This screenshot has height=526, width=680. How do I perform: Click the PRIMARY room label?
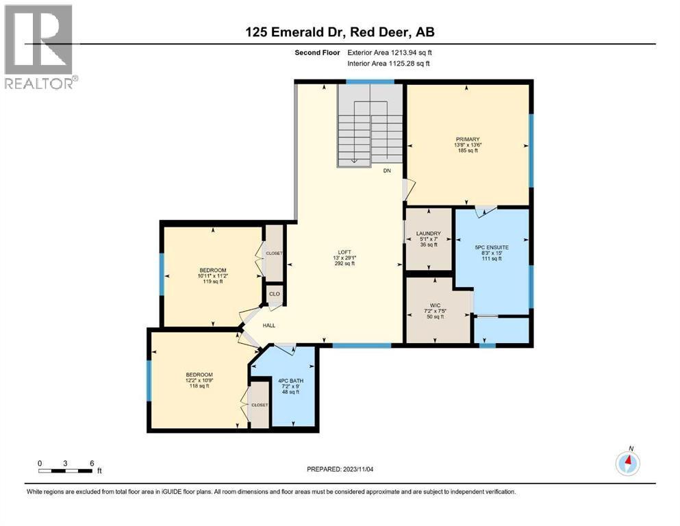coord(468,139)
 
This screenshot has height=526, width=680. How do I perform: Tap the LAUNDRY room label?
coord(428,234)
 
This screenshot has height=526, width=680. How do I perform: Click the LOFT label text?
coord(344,252)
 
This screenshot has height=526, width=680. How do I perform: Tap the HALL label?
coord(269,325)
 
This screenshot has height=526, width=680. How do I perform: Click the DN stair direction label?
coord(387,171)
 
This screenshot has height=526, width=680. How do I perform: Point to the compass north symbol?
coord(627,463)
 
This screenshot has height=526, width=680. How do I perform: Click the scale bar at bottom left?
coord(66,470)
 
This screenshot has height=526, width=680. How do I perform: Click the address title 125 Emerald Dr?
coord(340,32)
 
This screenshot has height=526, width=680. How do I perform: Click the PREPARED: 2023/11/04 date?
coord(340,469)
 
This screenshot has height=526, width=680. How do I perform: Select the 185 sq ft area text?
coord(468,151)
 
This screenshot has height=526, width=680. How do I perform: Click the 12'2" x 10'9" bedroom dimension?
coord(197,380)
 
